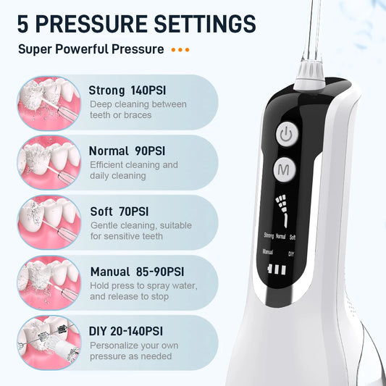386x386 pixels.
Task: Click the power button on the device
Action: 285,135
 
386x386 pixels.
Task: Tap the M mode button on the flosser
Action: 285,171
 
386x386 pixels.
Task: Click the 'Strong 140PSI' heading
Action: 128,91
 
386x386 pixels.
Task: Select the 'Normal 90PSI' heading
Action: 128,151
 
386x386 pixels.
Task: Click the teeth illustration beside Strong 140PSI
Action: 48,103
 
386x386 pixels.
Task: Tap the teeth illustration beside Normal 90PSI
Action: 48,163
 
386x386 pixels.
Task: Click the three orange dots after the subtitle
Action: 180,51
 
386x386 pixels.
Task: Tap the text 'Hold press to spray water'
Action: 143,285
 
